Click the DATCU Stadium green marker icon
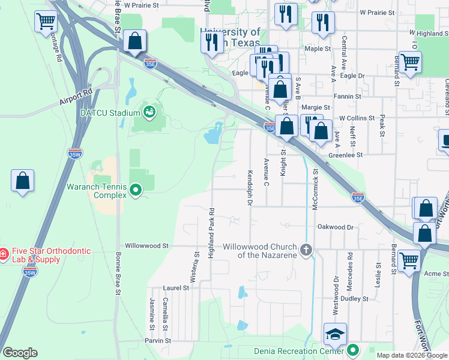coord(148,112)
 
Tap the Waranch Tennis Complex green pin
coord(136,191)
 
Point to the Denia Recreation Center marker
coord(354,350)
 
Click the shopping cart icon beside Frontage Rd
coord(46,23)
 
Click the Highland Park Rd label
coord(211,233)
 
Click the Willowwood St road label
coord(146,246)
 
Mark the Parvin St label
coord(157,340)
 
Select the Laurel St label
coord(176,288)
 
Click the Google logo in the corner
coord(20,353)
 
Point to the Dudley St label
coord(354,298)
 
